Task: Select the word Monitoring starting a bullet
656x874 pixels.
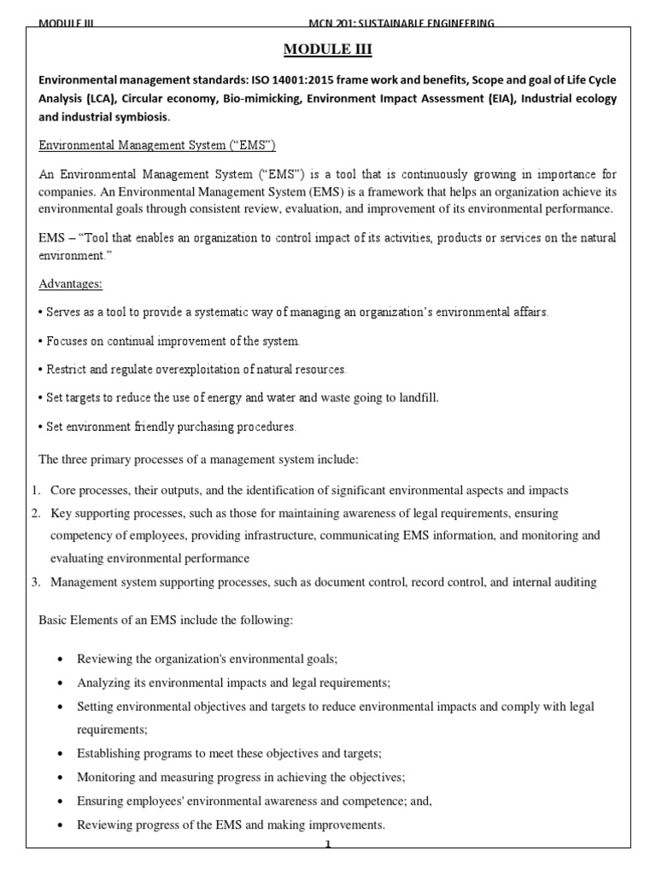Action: (x=104, y=778)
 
